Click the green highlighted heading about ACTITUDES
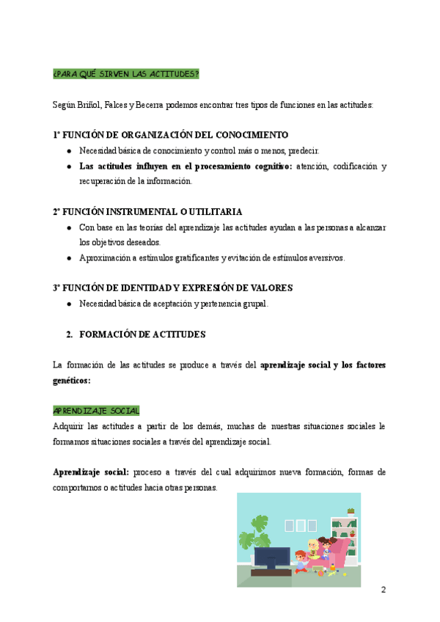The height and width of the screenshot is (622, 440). (126, 74)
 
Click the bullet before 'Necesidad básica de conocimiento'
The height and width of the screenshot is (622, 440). (68, 150)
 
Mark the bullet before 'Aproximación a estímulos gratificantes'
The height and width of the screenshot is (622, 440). (68, 257)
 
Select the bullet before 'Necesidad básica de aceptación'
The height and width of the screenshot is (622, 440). (68, 304)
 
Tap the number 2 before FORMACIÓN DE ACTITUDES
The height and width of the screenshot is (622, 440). (69, 334)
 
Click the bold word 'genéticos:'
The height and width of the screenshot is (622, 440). (72, 380)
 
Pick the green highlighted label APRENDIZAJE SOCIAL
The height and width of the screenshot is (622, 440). (96, 411)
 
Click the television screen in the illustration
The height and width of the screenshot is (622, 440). (272, 557)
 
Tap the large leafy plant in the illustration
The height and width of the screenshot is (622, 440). (257, 527)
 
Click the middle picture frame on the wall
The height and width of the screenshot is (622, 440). (300, 525)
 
